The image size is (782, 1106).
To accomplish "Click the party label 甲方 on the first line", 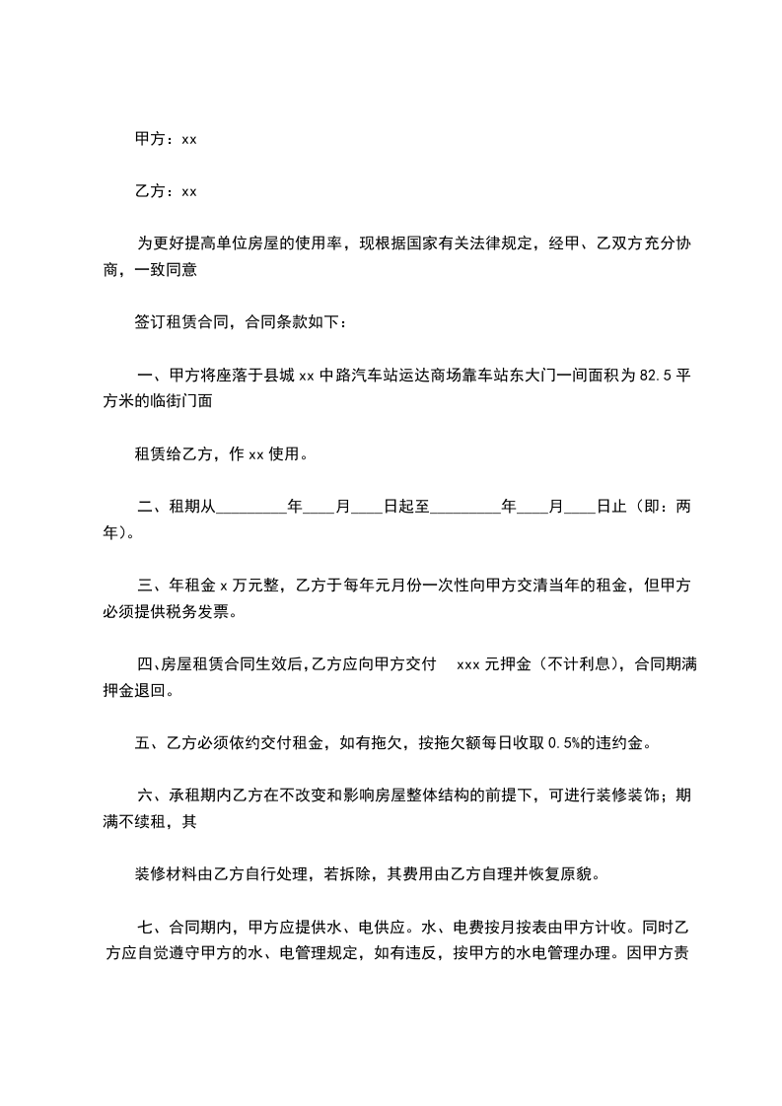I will pyautogui.click(x=149, y=139).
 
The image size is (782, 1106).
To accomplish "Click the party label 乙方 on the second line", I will pyautogui.click(x=149, y=190).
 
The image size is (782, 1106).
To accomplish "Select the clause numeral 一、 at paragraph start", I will pyautogui.click(x=151, y=376).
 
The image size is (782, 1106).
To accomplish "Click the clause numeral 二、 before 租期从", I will pyautogui.click(x=151, y=508).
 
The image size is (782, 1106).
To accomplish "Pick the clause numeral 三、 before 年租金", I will pyautogui.click(x=151, y=587).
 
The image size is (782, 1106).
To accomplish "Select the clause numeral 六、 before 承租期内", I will pyautogui.click(x=151, y=795).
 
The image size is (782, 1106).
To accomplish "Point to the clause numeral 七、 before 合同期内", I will pyautogui.click(x=151, y=927).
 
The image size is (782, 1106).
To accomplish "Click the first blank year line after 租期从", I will pyautogui.click(x=249, y=510).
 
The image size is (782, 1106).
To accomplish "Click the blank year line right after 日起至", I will pyautogui.click(x=465, y=510).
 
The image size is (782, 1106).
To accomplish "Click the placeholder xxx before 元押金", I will pyautogui.click(x=468, y=665).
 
